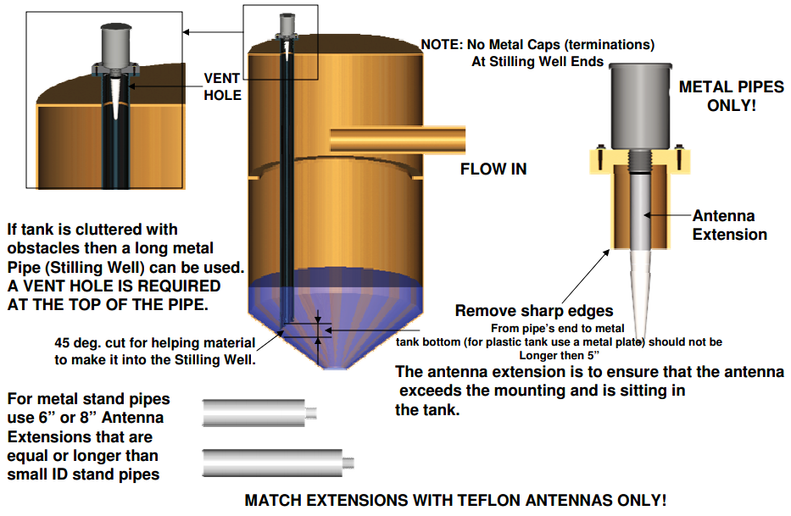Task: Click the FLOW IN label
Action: click(493, 169)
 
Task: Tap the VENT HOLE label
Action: click(222, 86)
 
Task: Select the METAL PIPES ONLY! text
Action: click(731, 96)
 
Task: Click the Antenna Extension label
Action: click(729, 225)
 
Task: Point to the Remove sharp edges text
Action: click(534, 311)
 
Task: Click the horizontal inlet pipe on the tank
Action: click(398, 139)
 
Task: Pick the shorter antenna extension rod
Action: click(259, 413)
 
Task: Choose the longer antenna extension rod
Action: click(278, 463)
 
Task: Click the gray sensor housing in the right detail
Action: click(640, 107)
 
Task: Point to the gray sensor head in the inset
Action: click(115, 44)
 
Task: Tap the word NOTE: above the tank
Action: click(442, 45)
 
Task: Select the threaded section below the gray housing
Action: click(640, 161)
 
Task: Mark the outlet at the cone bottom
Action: click(336, 367)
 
